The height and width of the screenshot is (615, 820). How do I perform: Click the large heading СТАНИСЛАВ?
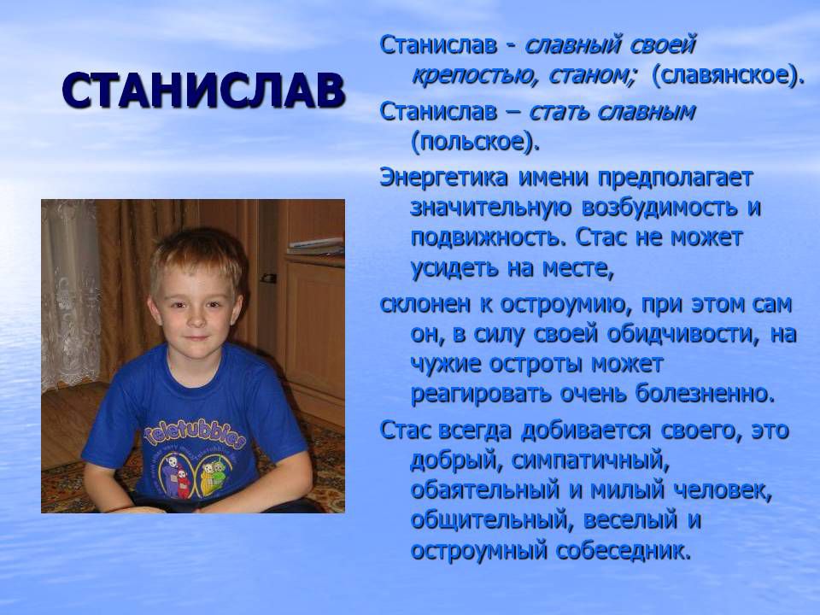point(203,91)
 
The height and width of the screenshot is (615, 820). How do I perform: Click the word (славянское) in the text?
point(728,75)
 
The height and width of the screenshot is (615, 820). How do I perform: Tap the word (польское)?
point(475,142)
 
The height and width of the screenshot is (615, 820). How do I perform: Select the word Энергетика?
point(443,178)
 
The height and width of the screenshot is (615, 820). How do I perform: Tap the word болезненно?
point(705,393)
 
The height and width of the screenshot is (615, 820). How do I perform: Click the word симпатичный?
point(590,460)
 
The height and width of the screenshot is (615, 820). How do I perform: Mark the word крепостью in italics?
point(476,76)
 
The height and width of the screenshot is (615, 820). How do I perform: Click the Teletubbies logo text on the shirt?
point(194,433)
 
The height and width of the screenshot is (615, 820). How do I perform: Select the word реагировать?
point(481,394)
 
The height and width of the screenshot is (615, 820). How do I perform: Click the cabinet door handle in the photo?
point(269,278)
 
